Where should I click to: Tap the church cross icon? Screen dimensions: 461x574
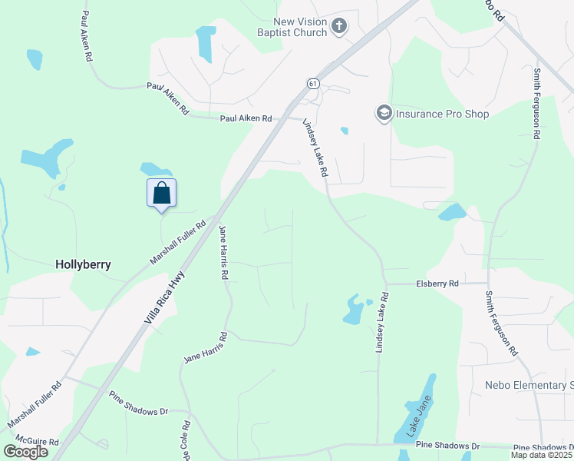[338, 28]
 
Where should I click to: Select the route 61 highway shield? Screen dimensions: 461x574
[312, 83]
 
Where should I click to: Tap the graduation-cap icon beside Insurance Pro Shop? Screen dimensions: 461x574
[383, 114]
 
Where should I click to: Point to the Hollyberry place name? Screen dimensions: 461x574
[83, 264]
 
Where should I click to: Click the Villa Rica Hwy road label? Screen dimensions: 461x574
[167, 293]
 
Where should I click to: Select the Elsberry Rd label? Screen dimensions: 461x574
[437, 284]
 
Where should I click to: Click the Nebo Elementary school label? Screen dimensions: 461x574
[529, 384]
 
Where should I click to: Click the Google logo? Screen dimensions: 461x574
[25, 451]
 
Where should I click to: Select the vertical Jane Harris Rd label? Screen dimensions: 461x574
[223, 252]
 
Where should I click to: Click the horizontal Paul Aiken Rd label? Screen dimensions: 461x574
[246, 119]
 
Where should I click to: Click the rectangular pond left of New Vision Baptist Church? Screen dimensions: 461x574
[205, 44]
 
